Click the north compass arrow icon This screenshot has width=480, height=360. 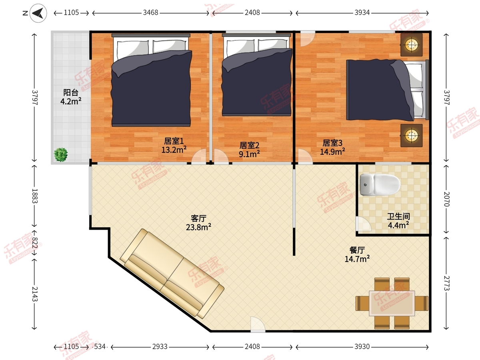tap(38, 13)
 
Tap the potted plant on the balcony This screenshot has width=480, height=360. tap(61, 154)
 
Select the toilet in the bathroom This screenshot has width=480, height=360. tap(380, 184)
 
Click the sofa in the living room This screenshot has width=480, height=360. tap(172, 274)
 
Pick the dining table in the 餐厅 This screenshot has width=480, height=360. tap(392, 303)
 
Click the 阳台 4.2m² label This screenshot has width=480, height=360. tap(71, 97)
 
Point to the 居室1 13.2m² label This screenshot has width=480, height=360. tap(174, 145)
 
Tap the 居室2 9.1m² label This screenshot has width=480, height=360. tap(249, 150)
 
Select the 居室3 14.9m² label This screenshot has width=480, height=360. tap(332, 147)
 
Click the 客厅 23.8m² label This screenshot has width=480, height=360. tap(198, 223)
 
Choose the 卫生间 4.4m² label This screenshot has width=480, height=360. tap(398, 221)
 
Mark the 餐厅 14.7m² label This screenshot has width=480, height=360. tap(357, 254)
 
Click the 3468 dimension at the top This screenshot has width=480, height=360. tap(150, 13)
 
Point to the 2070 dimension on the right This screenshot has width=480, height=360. tap(446, 199)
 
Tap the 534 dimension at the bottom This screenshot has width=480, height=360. tap(100, 347)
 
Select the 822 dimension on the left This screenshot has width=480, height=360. tap(35, 243)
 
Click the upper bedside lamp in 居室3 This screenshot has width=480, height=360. tap(411, 45)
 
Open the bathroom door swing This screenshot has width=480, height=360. tap(363, 224)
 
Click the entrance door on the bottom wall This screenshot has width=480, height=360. tap(258, 324)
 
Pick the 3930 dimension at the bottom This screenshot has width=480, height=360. tap(362, 347)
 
